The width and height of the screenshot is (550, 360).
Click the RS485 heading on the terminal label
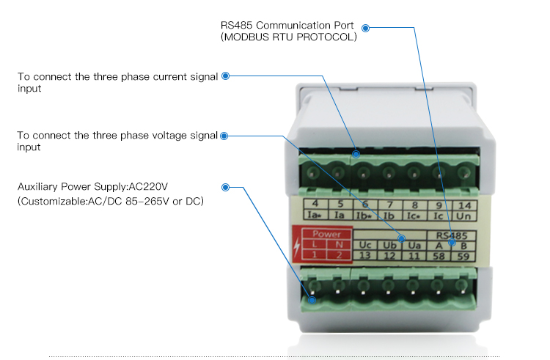pyautogui.click(x=452, y=235)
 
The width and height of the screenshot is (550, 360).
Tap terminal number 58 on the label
pyautogui.click(x=439, y=256)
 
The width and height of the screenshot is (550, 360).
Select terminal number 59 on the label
pyautogui.click(x=463, y=256)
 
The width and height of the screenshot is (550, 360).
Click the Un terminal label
pyautogui.click(x=463, y=216)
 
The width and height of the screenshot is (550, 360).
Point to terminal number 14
pyautogui.click(x=464, y=205)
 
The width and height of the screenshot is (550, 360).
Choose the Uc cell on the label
pyautogui.click(x=365, y=245)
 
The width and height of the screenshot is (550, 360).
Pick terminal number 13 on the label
pyautogui.click(x=364, y=255)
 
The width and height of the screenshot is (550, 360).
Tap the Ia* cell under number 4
pyautogui.click(x=315, y=215)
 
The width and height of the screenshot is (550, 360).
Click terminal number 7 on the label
pyautogui.click(x=389, y=205)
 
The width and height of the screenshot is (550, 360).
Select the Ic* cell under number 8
pyautogui.click(x=414, y=216)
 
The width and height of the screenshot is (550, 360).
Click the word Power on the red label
pyautogui.click(x=326, y=234)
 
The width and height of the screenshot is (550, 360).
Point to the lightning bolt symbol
pyautogui.click(x=297, y=246)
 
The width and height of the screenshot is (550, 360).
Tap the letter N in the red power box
pyautogui.click(x=339, y=244)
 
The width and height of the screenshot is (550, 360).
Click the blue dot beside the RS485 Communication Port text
pyautogui.click(x=365, y=28)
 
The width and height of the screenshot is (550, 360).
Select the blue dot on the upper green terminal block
pyautogui.click(x=356, y=154)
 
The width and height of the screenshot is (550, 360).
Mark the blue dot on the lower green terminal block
pyautogui.click(x=312, y=300)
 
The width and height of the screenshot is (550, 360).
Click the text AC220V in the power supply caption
pyautogui.click(x=148, y=186)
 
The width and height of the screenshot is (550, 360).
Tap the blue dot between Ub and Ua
pyautogui.click(x=402, y=239)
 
